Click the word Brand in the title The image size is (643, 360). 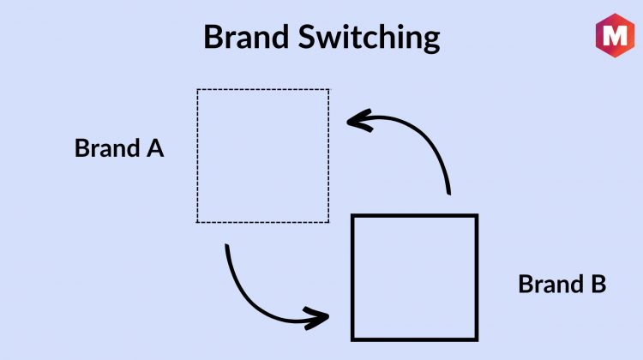246,37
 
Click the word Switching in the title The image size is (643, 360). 369,38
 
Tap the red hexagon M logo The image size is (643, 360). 615,35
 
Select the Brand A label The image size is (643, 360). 119,148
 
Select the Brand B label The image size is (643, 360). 562,284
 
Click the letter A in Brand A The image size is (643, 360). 155,148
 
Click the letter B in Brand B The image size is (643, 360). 598,284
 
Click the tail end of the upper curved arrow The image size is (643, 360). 449,194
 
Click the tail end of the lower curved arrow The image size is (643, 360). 227,246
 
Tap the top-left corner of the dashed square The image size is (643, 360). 197,89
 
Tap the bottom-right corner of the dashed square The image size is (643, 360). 329,222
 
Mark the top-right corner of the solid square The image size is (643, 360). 477,215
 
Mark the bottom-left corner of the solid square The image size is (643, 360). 352,339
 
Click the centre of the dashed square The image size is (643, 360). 263,156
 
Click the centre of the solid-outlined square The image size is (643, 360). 415,278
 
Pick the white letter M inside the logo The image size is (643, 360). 615,35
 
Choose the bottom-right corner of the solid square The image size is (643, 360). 477,339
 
